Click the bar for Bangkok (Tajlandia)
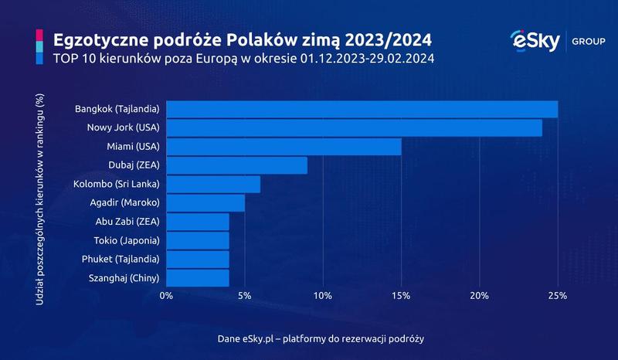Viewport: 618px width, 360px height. (x=362, y=109)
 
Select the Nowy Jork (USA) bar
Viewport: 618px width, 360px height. (x=354, y=127)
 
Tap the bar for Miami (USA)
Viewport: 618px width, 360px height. (x=284, y=146)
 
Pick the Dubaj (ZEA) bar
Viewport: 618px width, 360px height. (x=236, y=165)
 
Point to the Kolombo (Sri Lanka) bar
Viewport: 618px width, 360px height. (x=213, y=184)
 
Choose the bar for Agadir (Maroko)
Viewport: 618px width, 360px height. (x=205, y=202)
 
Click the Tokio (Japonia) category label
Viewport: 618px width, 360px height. (x=127, y=240)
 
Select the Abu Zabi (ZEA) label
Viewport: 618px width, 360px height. (x=128, y=222)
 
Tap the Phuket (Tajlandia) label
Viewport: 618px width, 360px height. (x=122, y=259)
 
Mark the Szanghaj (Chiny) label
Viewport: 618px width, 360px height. (x=124, y=277)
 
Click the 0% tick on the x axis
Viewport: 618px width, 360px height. (x=166, y=296)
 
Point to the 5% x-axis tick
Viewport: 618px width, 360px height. (x=244, y=296)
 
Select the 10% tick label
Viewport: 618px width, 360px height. (x=323, y=296)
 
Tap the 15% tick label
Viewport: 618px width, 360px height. (x=401, y=296)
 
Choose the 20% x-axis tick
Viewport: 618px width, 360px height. (x=479, y=296)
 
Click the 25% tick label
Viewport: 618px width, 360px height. (x=557, y=296)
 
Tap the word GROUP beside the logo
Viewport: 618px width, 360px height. (x=589, y=41)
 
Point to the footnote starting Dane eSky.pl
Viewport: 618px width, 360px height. (x=321, y=339)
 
